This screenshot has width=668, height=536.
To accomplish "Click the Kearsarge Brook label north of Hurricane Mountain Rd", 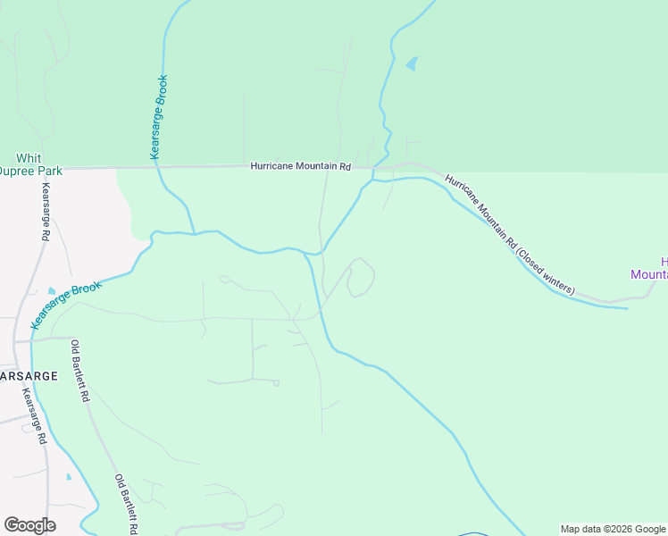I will [x=159, y=117].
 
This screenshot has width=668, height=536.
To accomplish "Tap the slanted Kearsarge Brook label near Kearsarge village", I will [x=68, y=306].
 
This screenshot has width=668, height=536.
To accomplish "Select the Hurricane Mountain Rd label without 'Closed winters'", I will [x=301, y=165].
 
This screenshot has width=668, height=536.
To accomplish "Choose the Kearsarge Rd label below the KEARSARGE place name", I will [x=35, y=416].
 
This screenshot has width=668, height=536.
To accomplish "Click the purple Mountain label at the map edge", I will [x=649, y=274].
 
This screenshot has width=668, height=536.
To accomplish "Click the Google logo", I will [x=29, y=525].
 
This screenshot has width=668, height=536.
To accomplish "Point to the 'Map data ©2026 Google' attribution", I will [x=614, y=529].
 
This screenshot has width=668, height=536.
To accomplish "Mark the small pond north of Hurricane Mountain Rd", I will [x=412, y=63].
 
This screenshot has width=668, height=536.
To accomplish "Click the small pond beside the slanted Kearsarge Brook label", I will [x=51, y=292].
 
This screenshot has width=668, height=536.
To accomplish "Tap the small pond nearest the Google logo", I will [x=69, y=477].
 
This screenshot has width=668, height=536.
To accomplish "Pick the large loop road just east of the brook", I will [x=360, y=278].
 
